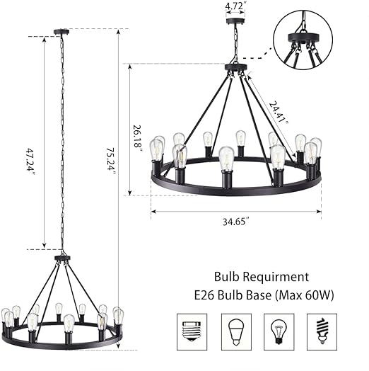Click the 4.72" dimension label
234,6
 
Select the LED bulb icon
235,331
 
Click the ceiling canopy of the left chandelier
62,32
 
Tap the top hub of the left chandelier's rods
62,258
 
